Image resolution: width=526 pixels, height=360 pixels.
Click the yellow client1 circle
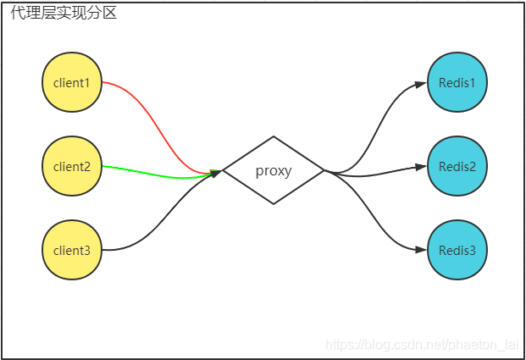[72, 82]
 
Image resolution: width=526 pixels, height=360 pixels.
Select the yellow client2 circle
[72, 166]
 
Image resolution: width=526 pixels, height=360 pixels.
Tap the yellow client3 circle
[72, 250]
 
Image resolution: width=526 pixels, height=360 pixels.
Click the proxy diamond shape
[274, 170]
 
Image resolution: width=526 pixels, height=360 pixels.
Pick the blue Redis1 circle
[457, 82]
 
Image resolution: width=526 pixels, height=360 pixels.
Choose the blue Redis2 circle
[457, 166]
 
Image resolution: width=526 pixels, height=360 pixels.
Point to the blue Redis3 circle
[457, 250]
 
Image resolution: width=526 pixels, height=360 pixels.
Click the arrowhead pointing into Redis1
[421, 84]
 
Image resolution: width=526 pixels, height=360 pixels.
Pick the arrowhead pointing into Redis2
[421, 167]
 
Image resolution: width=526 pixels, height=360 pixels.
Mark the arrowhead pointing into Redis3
[421, 250]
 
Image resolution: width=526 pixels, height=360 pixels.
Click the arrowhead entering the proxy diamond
[216, 173]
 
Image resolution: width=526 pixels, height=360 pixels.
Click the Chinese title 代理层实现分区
[64, 13]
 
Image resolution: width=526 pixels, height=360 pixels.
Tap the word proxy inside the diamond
[274, 171]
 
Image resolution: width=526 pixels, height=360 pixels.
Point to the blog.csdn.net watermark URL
[422, 345]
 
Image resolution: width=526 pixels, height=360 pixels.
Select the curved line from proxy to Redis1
[376, 129]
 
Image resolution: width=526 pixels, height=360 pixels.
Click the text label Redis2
[457, 166]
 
